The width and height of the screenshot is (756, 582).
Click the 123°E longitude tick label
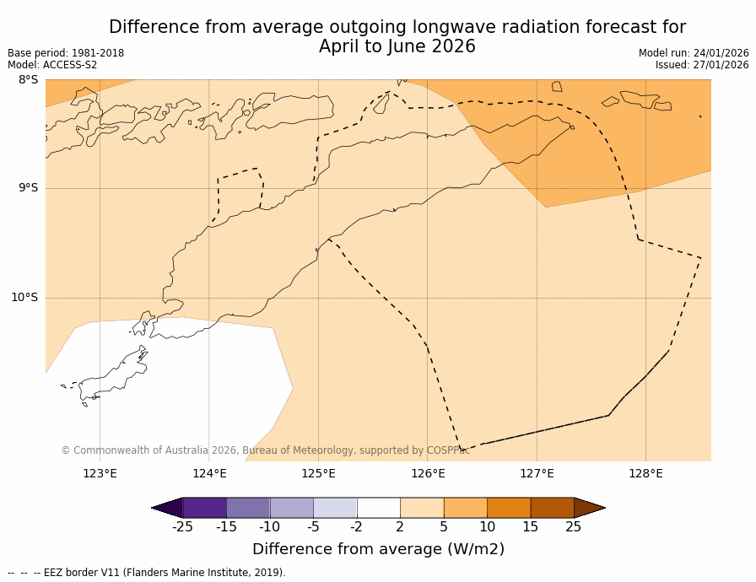[100, 473]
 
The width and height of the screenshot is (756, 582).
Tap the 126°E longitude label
[428, 473]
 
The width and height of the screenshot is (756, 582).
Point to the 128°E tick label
[645, 473]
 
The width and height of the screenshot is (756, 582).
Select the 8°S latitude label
[28, 80]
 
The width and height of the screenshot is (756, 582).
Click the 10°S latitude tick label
[24, 297]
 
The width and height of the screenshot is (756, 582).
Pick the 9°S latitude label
[28, 188]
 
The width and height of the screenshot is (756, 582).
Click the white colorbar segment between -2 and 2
[378, 508]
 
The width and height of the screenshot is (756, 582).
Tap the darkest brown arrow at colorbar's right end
[589, 508]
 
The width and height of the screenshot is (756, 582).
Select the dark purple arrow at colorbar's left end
[167, 508]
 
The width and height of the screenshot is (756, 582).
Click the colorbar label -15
[226, 527]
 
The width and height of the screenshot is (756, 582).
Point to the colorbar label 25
[574, 527]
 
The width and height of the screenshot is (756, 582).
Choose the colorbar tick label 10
[487, 527]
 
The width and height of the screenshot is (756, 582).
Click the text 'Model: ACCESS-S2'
[52, 65]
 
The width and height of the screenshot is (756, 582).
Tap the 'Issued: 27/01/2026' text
[702, 65]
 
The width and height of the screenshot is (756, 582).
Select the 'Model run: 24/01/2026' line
[694, 53]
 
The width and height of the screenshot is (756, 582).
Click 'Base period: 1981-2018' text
[66, 53]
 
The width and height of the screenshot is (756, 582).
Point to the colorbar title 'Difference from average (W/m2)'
[378, 549]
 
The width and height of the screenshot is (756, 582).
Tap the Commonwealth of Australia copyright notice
[265, 450]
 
